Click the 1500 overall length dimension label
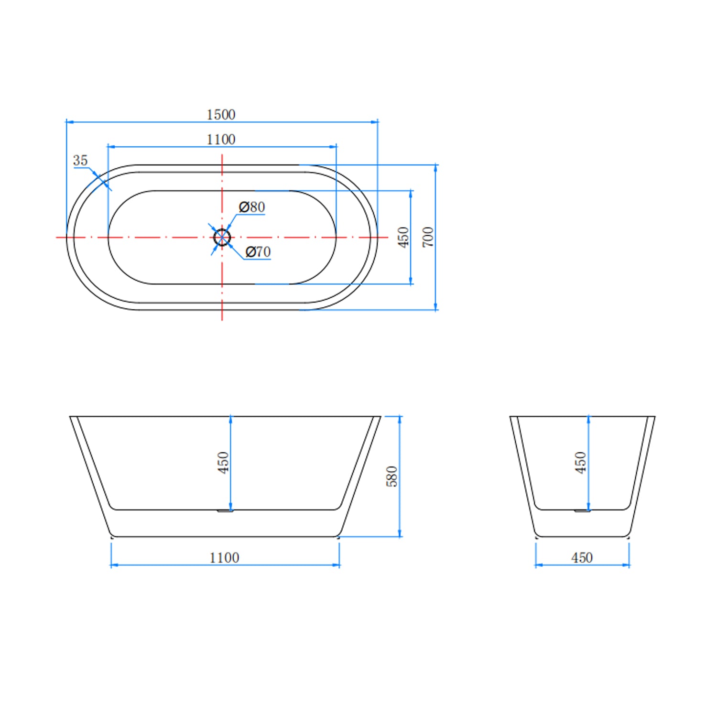coord(221,115)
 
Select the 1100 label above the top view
coord(221,140)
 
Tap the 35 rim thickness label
coord(80,161)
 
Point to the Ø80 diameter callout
coord(252,207)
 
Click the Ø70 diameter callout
coord(258,251)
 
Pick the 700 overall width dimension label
coord(428,237)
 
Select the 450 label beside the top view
coord(403,237)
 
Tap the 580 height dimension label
coord(392,476)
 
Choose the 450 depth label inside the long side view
coord(223,463)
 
